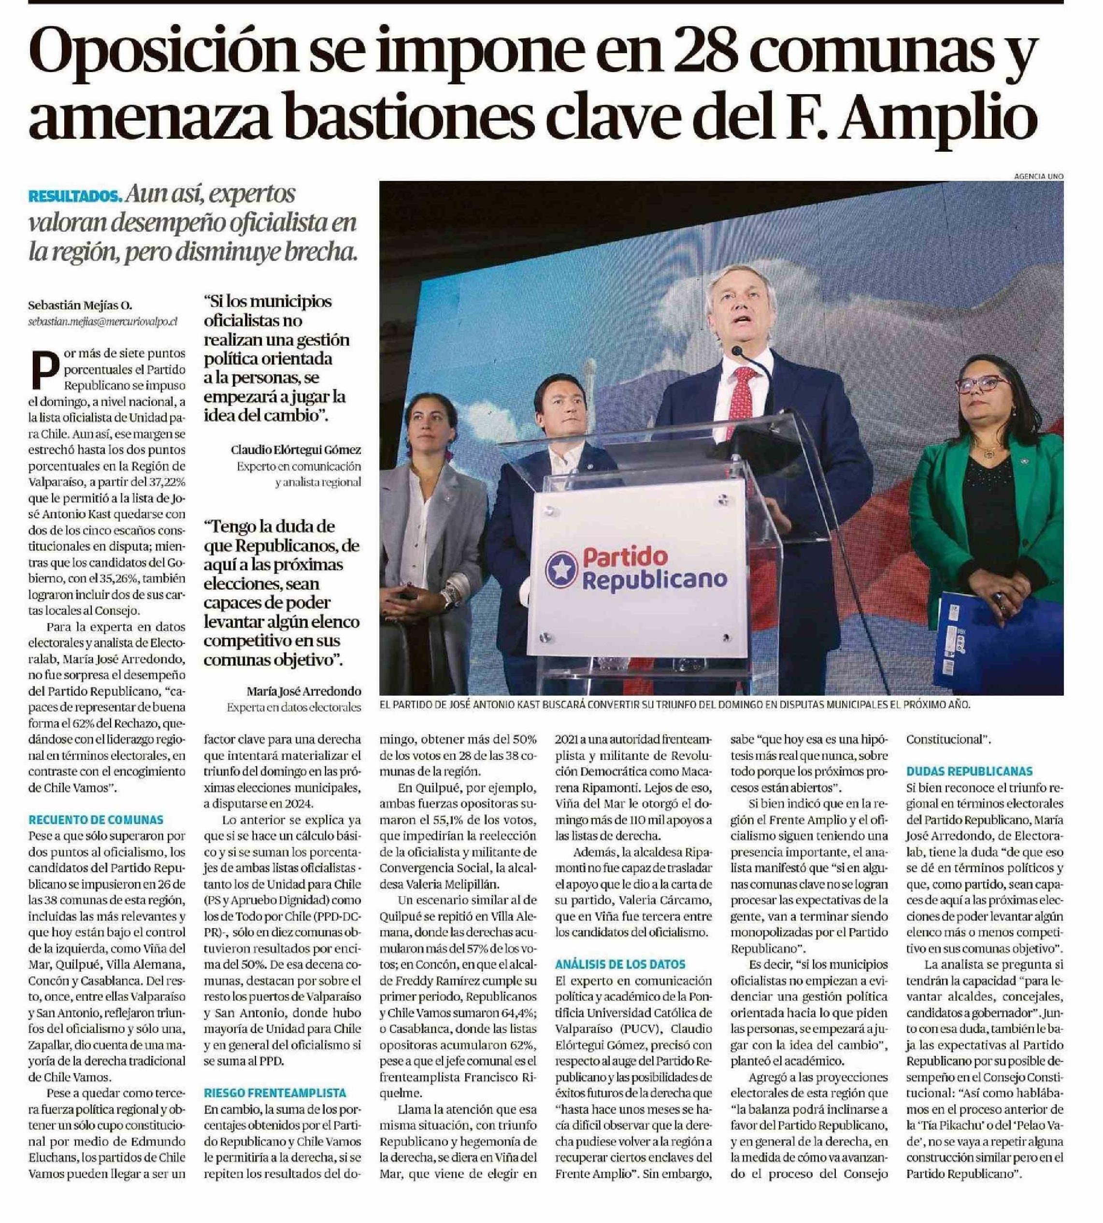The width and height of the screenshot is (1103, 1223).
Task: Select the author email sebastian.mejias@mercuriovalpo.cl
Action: click(x=103, y=322)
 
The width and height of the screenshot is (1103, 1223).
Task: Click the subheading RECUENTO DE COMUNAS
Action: click(x=96, y=820)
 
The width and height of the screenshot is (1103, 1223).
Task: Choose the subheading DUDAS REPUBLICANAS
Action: click(x=969, y=772)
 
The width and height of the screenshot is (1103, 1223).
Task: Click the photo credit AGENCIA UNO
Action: click(x=1038, y=176)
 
